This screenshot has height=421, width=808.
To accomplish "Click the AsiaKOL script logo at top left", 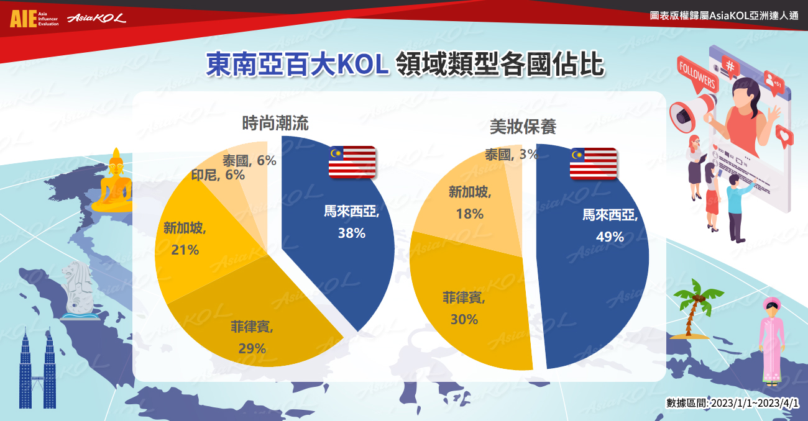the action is click(97, 18).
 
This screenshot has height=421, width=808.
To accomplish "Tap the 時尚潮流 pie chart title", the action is click(275, 124).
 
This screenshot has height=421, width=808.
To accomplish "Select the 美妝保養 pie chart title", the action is click(523, 127).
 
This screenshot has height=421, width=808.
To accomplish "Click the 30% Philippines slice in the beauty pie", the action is click(469, 306).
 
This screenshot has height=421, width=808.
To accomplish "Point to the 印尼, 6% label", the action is click(218, 175).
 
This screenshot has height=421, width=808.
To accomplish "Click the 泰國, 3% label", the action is click(512, 155).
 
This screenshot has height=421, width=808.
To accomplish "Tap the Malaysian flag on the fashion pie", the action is click(352, 162).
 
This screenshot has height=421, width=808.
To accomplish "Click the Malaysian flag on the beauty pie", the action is click(593, 164).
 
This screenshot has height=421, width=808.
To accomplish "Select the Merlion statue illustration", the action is click(80, 291).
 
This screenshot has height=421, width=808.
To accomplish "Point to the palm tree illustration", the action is click(694, 309).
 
